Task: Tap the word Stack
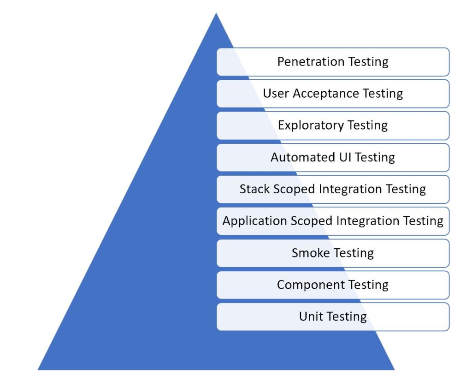(252, 189)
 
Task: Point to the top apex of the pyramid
(216, 14)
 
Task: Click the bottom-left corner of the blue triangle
(39, 369)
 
